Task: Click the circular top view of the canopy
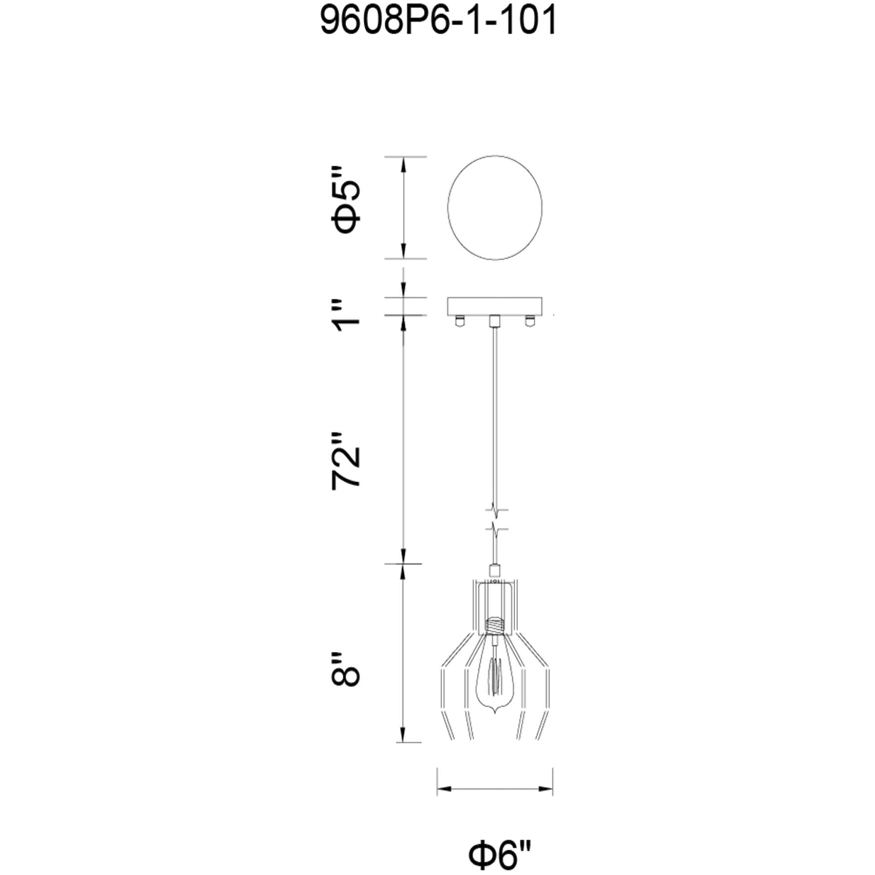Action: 495,208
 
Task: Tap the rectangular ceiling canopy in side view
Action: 495,306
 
